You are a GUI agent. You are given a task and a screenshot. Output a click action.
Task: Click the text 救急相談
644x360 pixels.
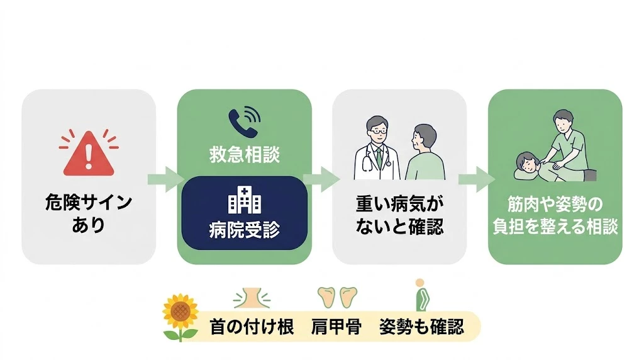245,155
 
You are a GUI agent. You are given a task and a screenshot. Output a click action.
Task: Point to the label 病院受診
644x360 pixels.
245,230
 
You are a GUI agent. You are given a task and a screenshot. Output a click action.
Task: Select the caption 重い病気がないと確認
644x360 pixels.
399,214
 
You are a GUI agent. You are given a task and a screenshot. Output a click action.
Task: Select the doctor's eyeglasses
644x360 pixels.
378,131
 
